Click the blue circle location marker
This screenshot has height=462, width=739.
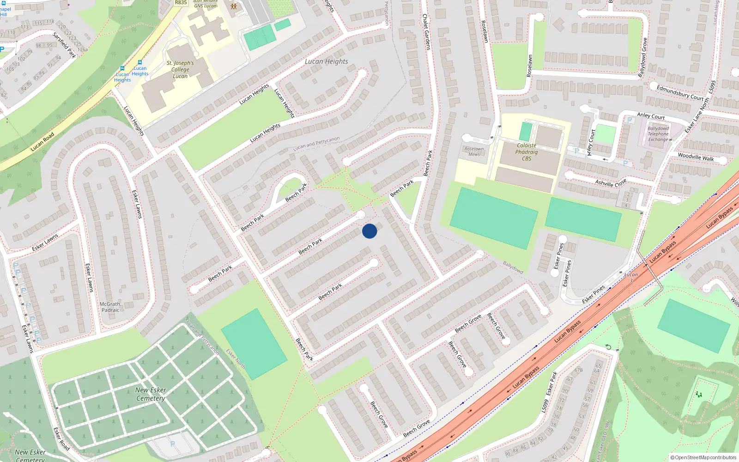(369, 231)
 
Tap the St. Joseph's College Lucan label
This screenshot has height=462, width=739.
(180, 69)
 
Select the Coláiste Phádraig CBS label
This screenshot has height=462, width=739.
(527, 152)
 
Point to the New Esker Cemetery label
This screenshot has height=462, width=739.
(151, 394)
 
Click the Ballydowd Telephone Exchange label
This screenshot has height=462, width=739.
(658, 134)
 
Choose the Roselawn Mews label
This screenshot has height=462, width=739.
(474, 152)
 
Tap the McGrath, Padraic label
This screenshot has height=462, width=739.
(110, 307)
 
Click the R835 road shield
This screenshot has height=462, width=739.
(181, 3)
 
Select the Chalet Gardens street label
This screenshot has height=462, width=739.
(426, 31)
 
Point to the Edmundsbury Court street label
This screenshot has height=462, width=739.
(680, 92)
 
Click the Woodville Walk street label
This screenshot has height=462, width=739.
(696, 157)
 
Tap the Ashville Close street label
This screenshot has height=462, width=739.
(611, 182)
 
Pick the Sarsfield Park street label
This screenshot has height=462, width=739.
(64, 45)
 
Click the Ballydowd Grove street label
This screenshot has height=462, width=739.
(642, 58)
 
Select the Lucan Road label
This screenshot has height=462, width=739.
(42, 142)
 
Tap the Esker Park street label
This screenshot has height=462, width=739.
(550, 383)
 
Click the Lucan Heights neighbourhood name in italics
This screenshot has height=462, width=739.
(326, 61)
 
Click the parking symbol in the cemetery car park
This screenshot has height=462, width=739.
(172, 444)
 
